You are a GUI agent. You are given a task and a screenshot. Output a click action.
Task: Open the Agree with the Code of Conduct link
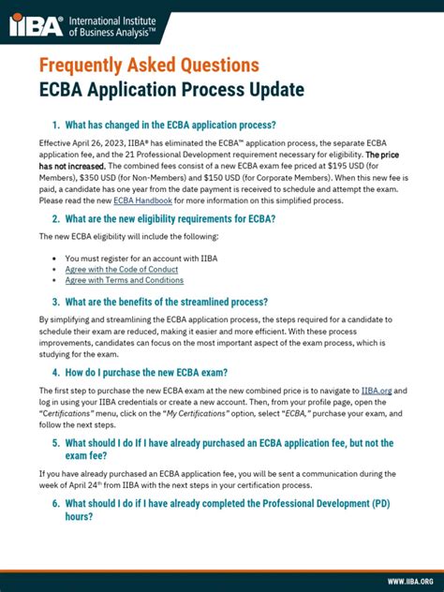tap(120, 269)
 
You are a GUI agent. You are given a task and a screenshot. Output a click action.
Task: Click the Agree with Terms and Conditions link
tap(124, 280)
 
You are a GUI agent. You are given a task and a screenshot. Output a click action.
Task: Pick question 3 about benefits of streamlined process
tap(160, 302)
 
